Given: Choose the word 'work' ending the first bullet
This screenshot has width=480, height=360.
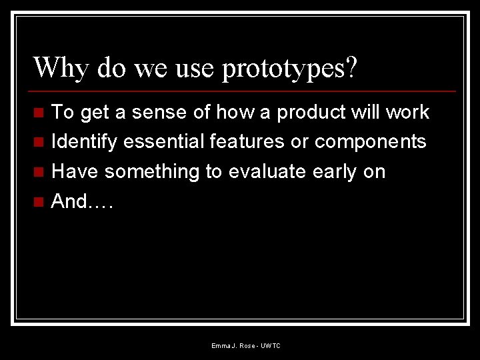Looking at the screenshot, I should click(x=406, y=112).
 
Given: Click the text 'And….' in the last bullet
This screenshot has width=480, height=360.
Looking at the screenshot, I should click(x=82, y=202).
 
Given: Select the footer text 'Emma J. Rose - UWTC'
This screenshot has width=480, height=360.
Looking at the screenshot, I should click(x=246, y=346).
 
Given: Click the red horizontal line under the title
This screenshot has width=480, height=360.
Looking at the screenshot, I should click(x=243, y=91).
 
